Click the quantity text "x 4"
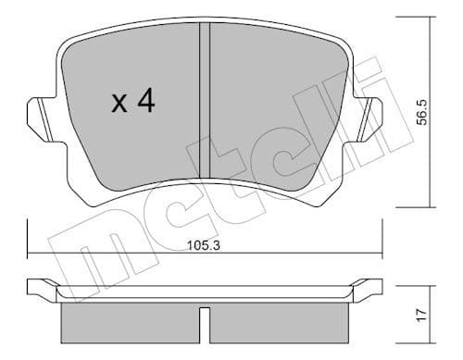click(x=131, y=102)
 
